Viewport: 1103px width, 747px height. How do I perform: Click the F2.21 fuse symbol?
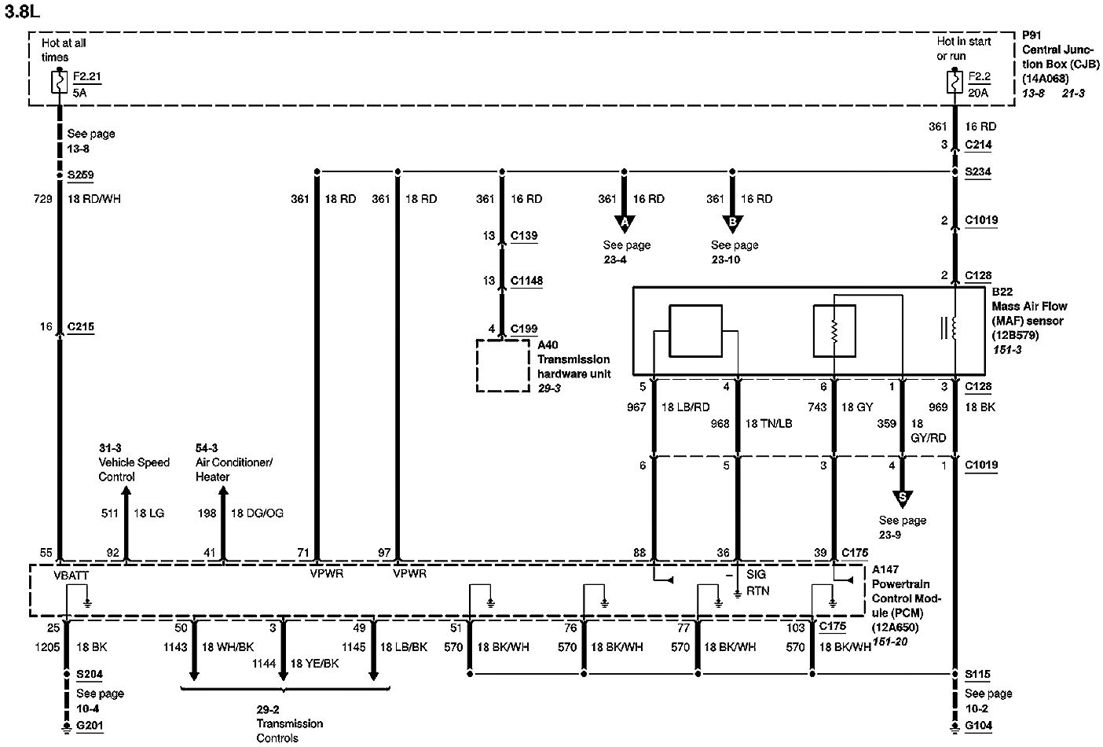click(x=59, y=82)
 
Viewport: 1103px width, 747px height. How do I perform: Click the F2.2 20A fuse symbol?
click(x=955, y=82)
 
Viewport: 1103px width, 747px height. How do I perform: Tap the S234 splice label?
click(x=977, y=172)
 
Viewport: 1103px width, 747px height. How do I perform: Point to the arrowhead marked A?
click(x=625, y=224)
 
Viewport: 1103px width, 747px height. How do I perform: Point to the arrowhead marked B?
click(x=732, y=224)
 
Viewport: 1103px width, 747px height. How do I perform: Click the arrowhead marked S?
click(x=902, y=498)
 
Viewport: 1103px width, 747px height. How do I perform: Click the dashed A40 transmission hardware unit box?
click(x=503, y=365)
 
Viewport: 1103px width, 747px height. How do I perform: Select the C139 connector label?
click(x=524, y=236)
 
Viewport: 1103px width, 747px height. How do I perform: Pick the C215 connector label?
click(x=80, y=327)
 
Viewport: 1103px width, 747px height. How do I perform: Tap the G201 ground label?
click(x=90, y=727)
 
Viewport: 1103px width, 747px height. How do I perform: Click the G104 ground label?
click(x=978, y=727)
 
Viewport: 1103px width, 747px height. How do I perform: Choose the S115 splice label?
click(x=977, y=675)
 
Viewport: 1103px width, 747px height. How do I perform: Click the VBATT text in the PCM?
click(x=71, y=575)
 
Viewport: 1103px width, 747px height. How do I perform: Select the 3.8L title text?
click(x=22, y=12)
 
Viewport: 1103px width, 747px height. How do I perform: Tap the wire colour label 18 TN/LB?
click(x=768, y=424)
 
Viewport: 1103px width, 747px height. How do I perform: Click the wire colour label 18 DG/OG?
click(x=257, y=513)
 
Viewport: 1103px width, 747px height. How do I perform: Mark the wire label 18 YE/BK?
click(x=314, y=664)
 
